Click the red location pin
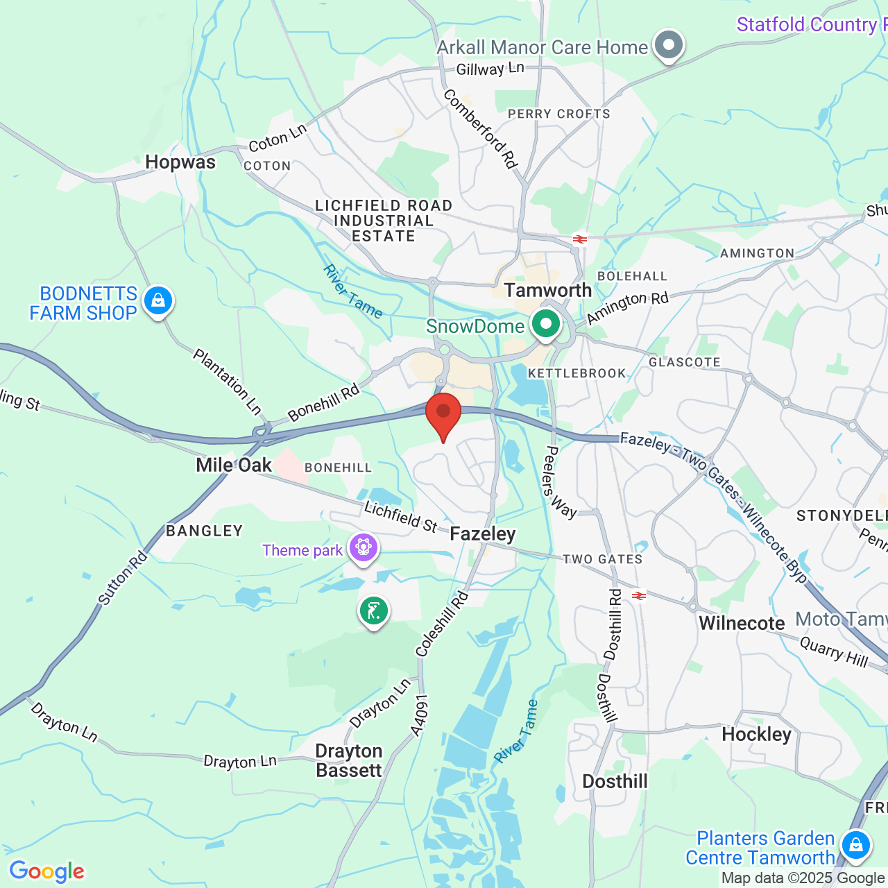[x=443, y=413]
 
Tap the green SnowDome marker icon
[x=546, y=324]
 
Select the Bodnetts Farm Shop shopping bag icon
[x=158, y=301]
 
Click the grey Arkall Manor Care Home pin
[x=669, y=45]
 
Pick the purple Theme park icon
[x=364, y=548]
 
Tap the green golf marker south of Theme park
[x=374, y=611]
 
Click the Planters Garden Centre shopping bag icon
[x=855, y=846]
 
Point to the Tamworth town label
[x=548, y=290]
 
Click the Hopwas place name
[x=180, y=162]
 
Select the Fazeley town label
[x=483, y=533]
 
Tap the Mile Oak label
[x=234, y=465]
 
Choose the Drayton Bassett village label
[x=349, y=761]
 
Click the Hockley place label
[x=756, y=735]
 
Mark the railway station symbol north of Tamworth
[x=580, y=239]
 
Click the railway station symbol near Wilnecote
[x=639, y=596]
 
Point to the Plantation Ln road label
[x=227, y=382]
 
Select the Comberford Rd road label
[x=480, y=129]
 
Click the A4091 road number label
[x=419, y=715]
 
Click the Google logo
[x=46, y=871]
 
